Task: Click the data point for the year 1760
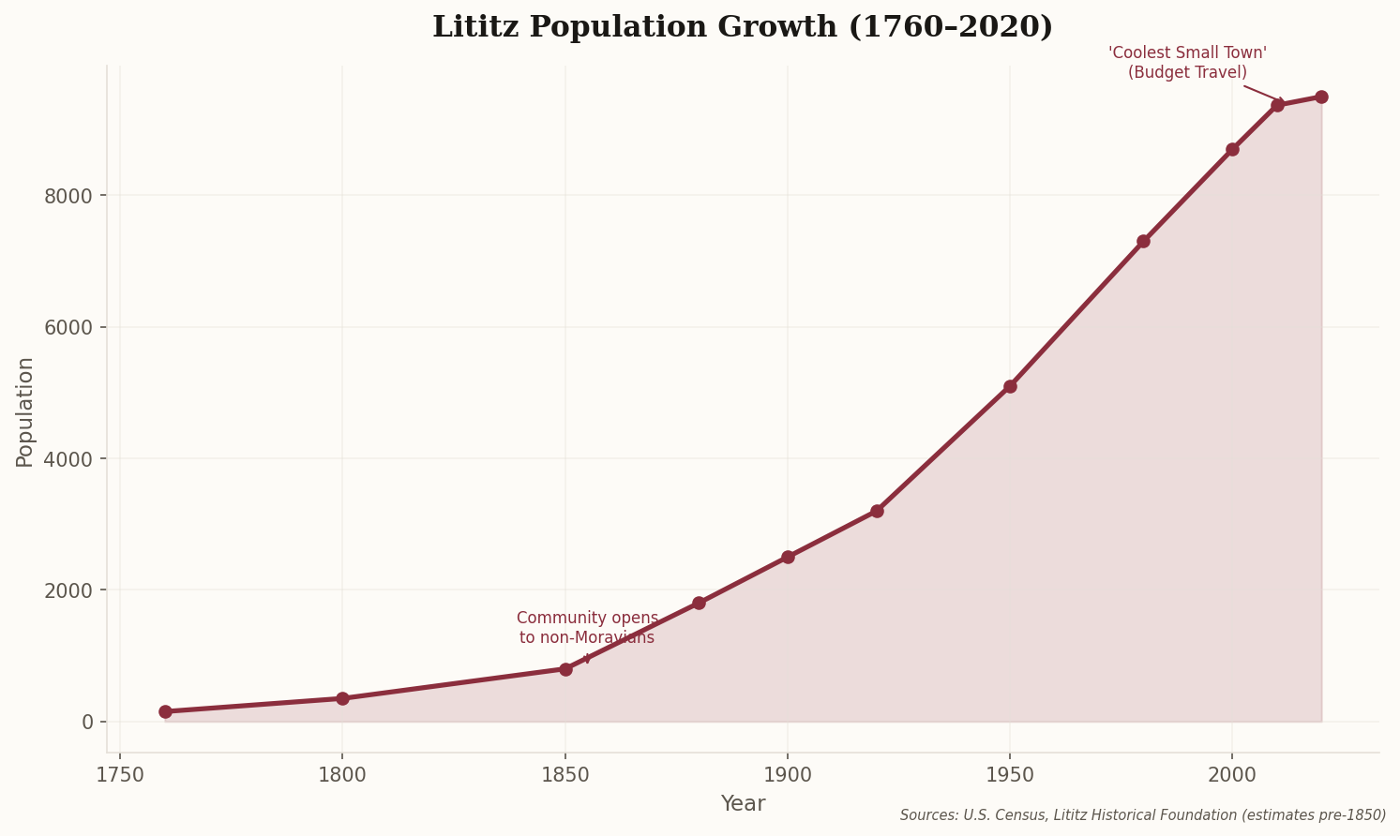pos(165,711)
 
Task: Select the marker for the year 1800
pos(342,698)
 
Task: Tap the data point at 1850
pos(565,669)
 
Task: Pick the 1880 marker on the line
pos(699,603)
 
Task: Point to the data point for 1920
pos(877,511)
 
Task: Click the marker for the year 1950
pos(1010,386)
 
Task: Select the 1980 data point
pos(1143,241)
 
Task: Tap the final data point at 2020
pos(1321,97)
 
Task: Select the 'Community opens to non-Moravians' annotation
pos(587,628)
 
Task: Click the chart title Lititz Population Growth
pos(742,27)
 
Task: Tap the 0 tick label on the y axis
pos(87,722)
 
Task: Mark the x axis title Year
pos(743,804)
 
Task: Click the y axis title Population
pos(25,411)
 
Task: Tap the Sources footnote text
pos(1142,815)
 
